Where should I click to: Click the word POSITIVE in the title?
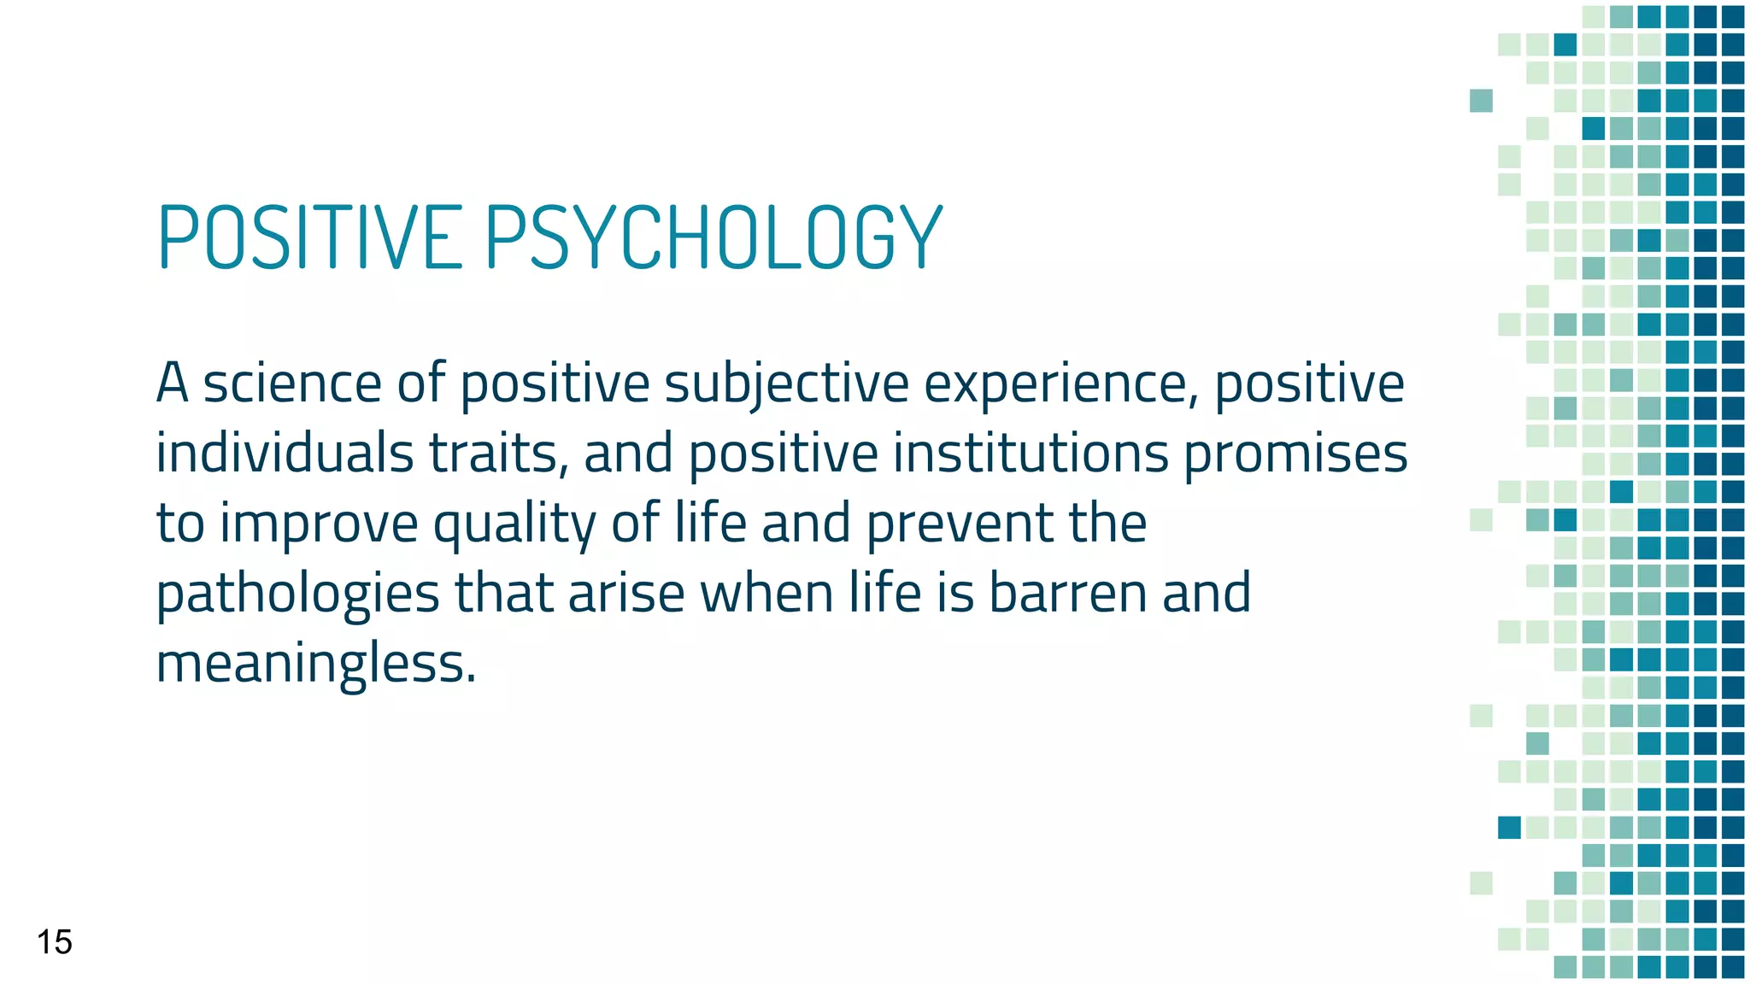(x=310, y=237)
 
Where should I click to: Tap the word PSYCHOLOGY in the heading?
(x=714, y=237)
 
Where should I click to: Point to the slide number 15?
(x=55, y=942)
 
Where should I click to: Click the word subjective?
(x=786, y=384)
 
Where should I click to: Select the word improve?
(x=319, y=524)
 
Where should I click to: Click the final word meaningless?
(x=314, y=664)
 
